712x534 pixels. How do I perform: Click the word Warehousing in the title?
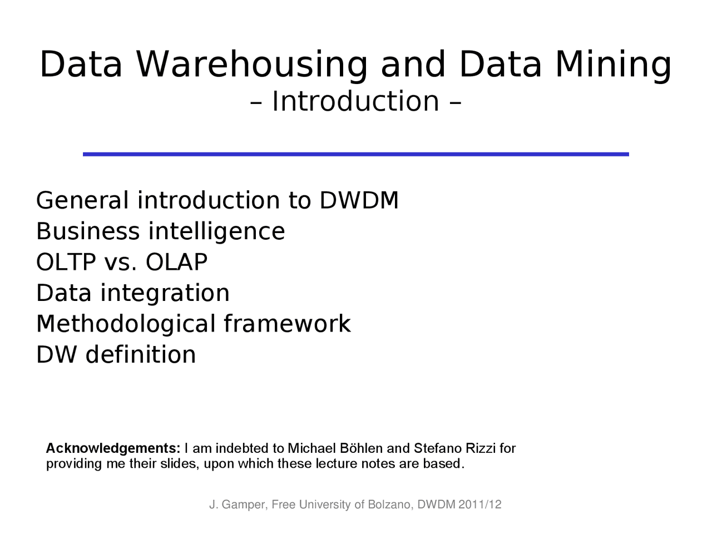click(x=251, y=65)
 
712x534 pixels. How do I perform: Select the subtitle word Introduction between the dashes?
click(x=355, y=101)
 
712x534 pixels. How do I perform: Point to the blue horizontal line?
click(x=355, y=154)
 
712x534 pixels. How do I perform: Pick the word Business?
click(x=87, y=231)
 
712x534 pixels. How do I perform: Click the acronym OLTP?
click(x=66, y=262)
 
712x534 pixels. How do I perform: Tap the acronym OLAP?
click(x=176, y=262)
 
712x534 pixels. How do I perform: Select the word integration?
click(x=165, y=293)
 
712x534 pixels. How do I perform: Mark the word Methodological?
click(x=125, y=324)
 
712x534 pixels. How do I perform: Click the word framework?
click(x=287, y=324)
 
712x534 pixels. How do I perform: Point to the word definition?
click(x=140, y=354)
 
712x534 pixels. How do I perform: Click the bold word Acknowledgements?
click(x=113, y=448)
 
